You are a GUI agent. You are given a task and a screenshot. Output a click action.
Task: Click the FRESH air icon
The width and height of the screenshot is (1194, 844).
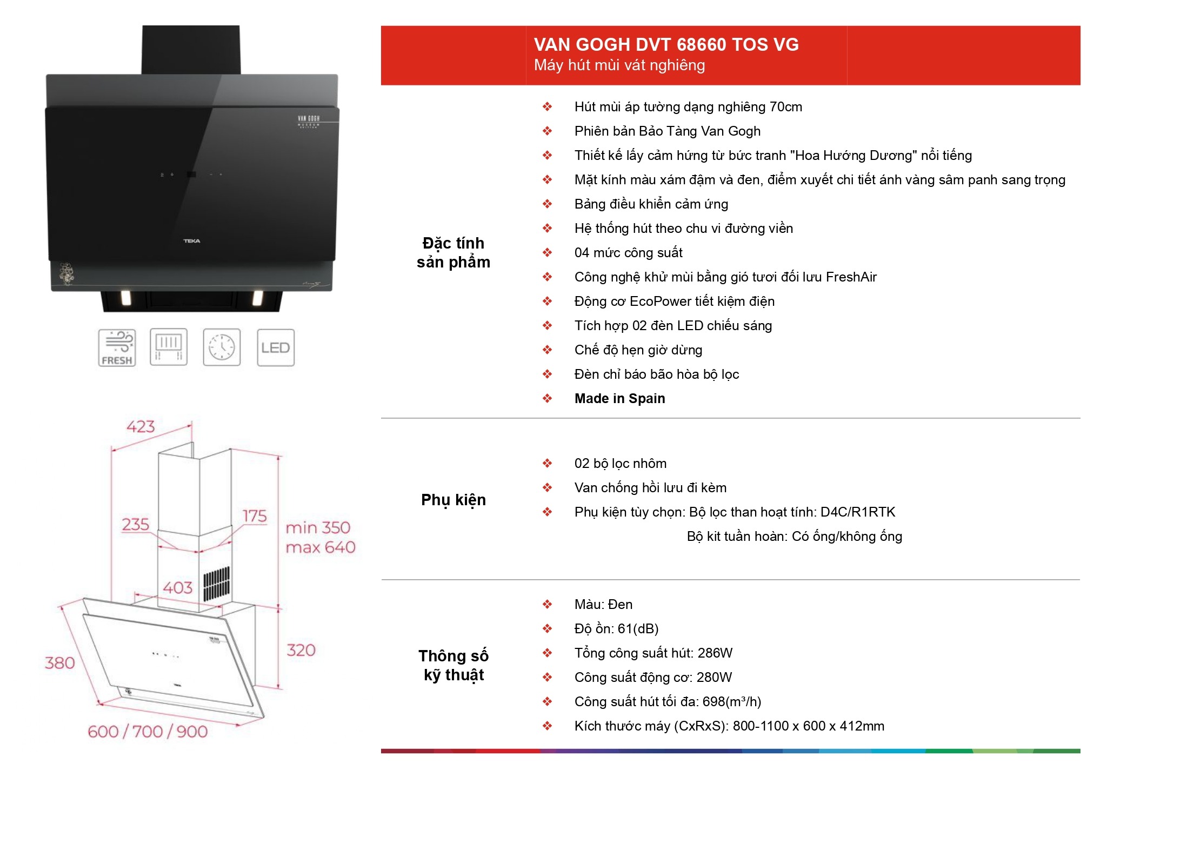(x=117, y=347)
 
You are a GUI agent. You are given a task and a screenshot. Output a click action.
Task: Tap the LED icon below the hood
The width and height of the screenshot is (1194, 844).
(x=276, y=347)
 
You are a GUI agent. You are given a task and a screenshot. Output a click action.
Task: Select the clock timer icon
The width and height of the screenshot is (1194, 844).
(x=222, y=347)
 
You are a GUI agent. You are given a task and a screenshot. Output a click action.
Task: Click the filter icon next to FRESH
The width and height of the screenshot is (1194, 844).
(x=169, y=347)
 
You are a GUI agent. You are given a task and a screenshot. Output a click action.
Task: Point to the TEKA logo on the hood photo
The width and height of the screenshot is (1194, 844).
(x=192, y=241)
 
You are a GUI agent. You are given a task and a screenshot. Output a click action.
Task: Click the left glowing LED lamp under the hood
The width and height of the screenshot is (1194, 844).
(x=125, y=298)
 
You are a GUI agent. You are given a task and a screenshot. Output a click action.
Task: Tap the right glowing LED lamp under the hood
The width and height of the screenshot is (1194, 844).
(x=258, y=298)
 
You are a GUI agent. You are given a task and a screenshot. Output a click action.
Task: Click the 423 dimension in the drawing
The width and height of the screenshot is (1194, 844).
(x=141, y=427)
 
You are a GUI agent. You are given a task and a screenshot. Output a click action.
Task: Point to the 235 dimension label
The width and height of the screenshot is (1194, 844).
(x=136, y=524)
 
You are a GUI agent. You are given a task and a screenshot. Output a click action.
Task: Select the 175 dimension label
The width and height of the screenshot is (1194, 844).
(x=255, y=516)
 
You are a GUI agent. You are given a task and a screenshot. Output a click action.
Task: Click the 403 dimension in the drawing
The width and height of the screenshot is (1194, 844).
(x=178, y=587)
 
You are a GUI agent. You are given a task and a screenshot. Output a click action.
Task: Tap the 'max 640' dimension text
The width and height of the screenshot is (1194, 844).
(x=321, y=547)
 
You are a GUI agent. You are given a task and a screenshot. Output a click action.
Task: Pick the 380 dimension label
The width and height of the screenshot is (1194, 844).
(x=59, y=662)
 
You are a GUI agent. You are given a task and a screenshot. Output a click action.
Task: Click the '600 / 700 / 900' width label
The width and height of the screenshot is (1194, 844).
(x=148, y=732)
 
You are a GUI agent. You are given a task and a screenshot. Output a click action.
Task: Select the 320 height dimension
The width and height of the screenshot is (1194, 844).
(x=301, y=650)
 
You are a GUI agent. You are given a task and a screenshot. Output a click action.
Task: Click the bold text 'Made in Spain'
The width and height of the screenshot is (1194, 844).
(x=620, y=398)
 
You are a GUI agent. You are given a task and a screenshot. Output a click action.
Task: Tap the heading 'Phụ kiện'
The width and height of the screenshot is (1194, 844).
(x=453, y=500)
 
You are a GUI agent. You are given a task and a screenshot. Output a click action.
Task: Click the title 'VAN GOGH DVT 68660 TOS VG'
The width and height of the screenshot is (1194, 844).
(x=666, y=44)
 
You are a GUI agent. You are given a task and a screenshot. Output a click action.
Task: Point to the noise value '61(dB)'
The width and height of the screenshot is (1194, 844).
(x=638, y=628)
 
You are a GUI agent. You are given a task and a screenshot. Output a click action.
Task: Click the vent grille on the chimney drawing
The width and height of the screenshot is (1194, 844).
(x=216, y=584)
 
